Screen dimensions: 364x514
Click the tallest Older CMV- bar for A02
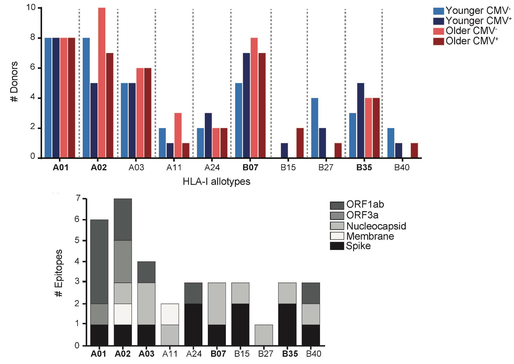pyautogui.click(x=102, y=82)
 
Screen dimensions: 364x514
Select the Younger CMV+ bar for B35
pyautogui.click(x=360, y=120)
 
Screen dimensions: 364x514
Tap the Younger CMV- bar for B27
pyautogui.click(x=315, y=128)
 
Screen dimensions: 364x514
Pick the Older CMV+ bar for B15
pyautogui.click(x=300, y=143)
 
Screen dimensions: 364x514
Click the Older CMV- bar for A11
pyautogui.click(x=178, y=135)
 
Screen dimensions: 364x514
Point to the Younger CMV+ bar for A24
pyautogui.click(x=208, y=135)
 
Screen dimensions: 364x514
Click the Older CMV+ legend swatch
pyautogui.click(x=439, y=41)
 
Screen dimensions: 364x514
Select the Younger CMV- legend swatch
pyautogui.click(x=439, y=11)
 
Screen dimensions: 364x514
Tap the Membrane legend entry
pyautogui.click(x=370, y=236)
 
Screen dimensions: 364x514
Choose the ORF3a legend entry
pyautogui.click(x=362, y=215)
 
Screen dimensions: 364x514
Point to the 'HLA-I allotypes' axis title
pyautogui.click(x=217, y=182)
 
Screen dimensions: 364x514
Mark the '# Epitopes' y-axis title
pyautogui.click(x=59, y=273)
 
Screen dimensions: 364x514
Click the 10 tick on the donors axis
pyautogui.click(x=31, y=7)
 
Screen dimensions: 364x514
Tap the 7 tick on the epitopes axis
pyautogui.click(x=78, y=199)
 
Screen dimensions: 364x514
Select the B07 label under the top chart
pyautogui.click(x=250, y=168)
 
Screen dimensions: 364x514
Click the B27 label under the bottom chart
pyautogui.click(x=266, y=354)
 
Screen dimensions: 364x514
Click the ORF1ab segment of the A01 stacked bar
pyautogui.click(x=99, y=262)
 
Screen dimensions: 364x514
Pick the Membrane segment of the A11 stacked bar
pyautogui.click(x=170, y=314)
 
